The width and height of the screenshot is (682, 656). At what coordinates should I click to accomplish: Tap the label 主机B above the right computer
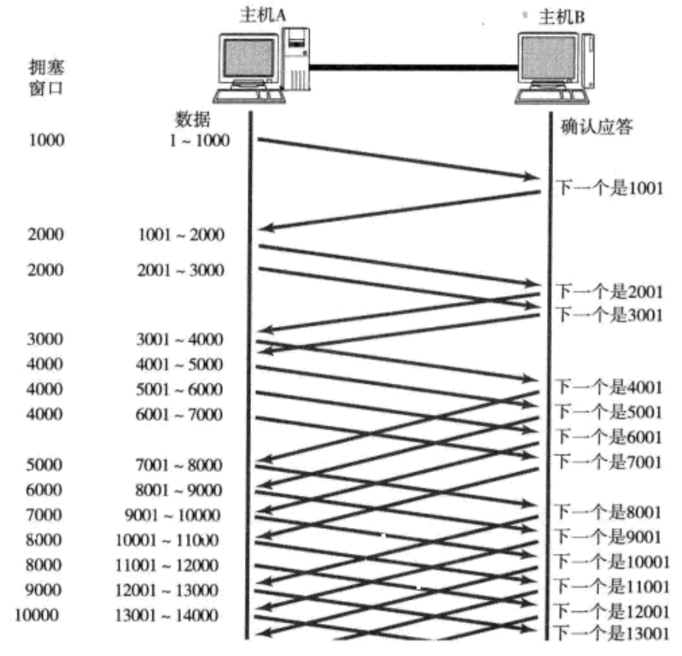[562, 17]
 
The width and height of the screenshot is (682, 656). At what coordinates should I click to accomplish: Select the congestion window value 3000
[46, 338]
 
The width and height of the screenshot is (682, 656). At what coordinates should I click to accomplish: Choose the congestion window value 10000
[36, 616]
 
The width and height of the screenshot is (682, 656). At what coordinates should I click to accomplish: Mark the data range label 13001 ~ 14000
[169, 616]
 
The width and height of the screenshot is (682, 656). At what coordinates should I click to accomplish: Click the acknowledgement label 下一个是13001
[611, 632]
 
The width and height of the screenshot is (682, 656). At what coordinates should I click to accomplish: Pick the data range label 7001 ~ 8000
[180, 465]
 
